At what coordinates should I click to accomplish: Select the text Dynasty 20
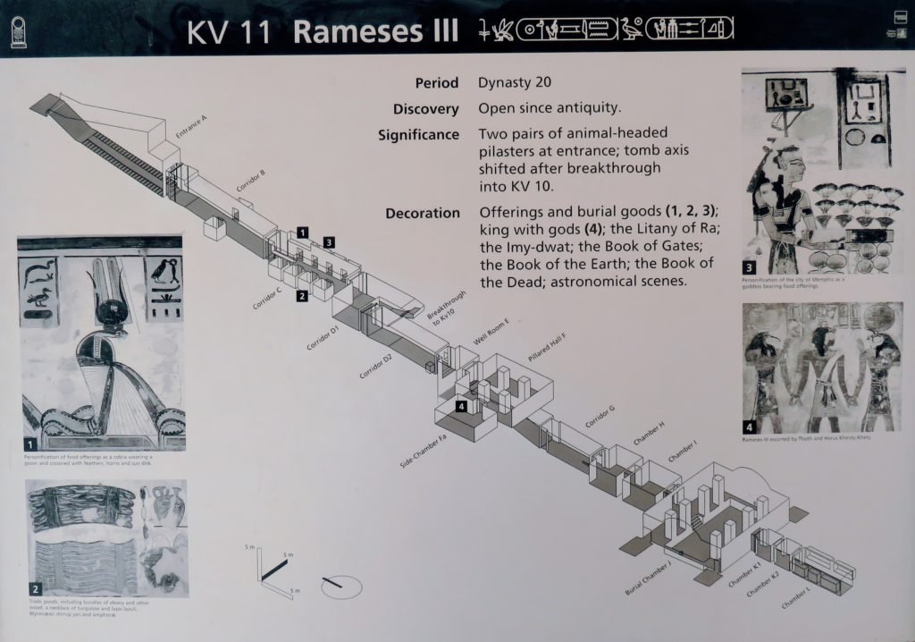[x=515, y=83]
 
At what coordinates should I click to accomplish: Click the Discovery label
[x=425, y=109]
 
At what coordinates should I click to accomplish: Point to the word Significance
[x=418, y=136]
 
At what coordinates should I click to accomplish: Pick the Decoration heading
[x=422, y=214]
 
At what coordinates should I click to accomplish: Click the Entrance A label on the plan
[x=191, y=128]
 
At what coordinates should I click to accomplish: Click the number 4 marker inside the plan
[x=461, y=407]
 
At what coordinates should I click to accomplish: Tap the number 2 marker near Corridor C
[x=303, y=296]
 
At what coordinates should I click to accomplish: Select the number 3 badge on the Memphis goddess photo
[x=750, y=266]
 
